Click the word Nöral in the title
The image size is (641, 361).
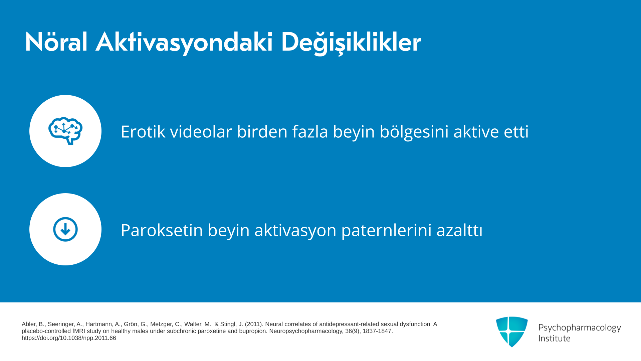(x=56, y=42)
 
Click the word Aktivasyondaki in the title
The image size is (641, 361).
(x=184, y=43)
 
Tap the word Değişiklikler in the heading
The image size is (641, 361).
(x=351, y=43)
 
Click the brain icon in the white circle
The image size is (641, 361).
(x=65, y=131)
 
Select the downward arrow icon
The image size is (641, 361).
(x=65, y=229)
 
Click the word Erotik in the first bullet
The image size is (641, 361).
(x=143, y=131)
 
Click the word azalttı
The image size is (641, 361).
(x=459, y=230)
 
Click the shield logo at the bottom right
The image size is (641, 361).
(x=512, y=332)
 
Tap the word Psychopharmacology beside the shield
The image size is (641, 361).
(x=580, y=328)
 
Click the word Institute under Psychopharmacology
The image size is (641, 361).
(x=554, y=338)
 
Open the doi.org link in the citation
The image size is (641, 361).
(x=69, y=338)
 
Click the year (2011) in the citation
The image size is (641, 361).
(x=254, y=324)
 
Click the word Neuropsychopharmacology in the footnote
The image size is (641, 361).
(x=306, y=331)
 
